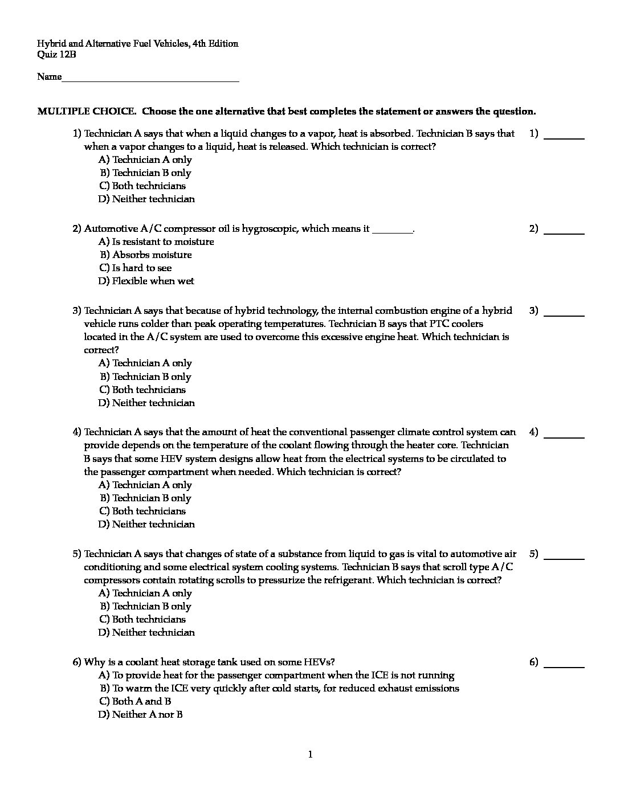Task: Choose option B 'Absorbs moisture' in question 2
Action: [146, 255]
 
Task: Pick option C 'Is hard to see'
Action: [136, 268]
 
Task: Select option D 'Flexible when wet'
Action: [146, 281]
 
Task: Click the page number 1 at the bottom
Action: [310, 755]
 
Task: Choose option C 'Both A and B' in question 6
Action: [136, 701]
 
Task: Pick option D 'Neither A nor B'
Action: [141, 714]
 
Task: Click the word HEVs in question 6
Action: [321, 662]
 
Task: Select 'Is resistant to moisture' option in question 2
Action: [157, 242]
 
